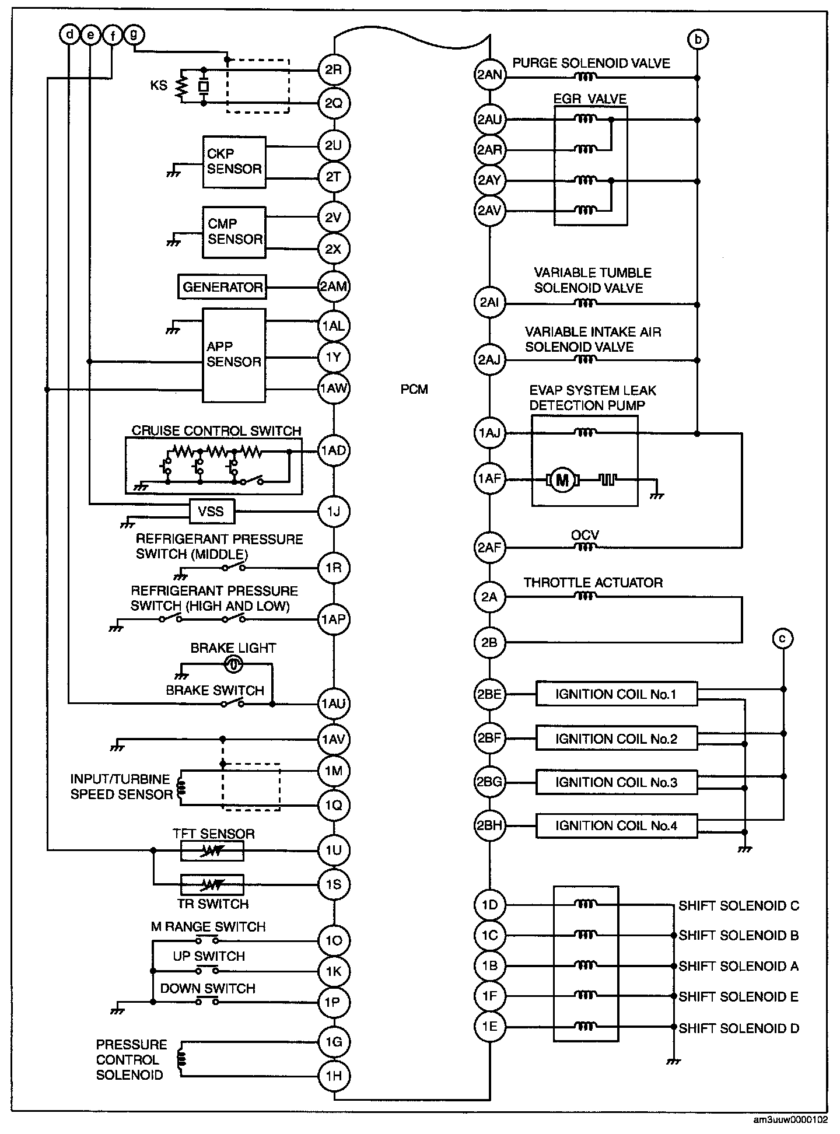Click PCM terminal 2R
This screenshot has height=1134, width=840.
(x=333, y=70)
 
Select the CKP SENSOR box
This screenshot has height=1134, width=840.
(x=234, y=162)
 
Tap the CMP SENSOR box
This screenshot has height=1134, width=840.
(x=234, y=232)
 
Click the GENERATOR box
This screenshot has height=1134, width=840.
(x=222, y=287)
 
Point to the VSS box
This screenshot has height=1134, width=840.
(x=211, y=512)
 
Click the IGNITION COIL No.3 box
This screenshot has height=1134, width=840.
(x=616, y=782)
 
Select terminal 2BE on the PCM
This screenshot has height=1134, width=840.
(x=489, y=694)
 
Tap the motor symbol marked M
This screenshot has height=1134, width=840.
(x=562, y=480)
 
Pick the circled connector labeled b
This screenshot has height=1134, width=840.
(x=698, y=39)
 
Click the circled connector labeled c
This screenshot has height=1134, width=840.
(x=782, y=639)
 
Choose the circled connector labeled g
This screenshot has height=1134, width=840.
(x=134, y=35)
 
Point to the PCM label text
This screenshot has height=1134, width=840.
(x=414, y=389)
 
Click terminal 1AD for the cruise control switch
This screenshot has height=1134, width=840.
(x=333, y=450)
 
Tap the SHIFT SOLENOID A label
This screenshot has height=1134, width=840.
(x=738, y=966)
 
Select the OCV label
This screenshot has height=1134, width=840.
(x=585, y=535)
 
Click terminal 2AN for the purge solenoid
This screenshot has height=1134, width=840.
(x=489, y=75)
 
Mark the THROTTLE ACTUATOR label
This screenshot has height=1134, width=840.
(x=593, y=583)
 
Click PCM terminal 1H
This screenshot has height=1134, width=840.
(x=333, y=1076)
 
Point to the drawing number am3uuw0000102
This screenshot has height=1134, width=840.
(x=790, y=1121)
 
